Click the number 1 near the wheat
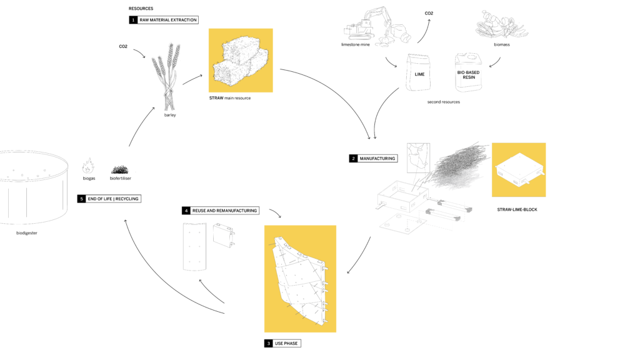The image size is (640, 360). (133, 20)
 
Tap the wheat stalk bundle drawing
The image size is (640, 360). (166, 75)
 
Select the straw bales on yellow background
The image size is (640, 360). (241, 61)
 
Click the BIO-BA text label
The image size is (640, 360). (464, 72)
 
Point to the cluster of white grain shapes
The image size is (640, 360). (497, 24)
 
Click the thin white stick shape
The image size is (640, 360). (376, 9)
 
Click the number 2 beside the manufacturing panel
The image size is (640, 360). (353, 159)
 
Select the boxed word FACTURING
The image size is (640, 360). (384, 159)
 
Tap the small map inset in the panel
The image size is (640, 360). (417, 157)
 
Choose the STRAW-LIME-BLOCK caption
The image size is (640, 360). (517, 209)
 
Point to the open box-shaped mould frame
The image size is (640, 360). (401, 197)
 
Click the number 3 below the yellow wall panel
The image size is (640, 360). (269, 343)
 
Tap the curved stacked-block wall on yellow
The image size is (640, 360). (300, 279)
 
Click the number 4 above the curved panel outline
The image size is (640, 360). (186, 211)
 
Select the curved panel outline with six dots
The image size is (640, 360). (194, 246)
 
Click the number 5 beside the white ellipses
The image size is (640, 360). (81, 199)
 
